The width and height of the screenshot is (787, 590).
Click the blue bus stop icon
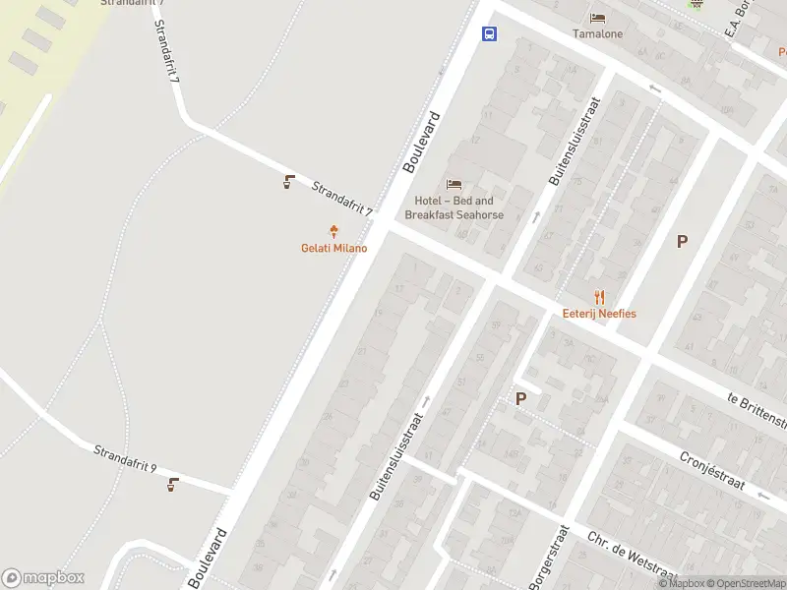pyautogui.click(x=489, y=33)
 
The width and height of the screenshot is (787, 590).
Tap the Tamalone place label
pyautogui.click(x=597, y=32)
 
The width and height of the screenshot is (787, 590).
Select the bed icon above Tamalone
pyautogui.click(x=597, y=17)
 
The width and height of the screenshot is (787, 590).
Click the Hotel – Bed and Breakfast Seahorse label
pyautogui.click(x=454, y=207)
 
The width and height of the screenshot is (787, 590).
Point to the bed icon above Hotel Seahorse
pyautogui.click(x=454, y=184)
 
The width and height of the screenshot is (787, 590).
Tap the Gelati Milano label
pyautogui.click(x=333, y=248)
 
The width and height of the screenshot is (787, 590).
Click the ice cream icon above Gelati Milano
pyautogui.click(x=333, y=232)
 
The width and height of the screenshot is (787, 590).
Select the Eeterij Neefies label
pyautogui.click(x=599, y=314)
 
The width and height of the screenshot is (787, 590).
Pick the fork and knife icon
pyautogui.click(x=599, y=297)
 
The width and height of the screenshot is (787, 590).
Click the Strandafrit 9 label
pyautogui.click(x=125, y=457)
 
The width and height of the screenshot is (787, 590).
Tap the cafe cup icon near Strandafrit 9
pyautogui.click(x=173, y=483)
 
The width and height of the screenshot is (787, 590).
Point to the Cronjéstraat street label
pyautogui.click(x=714, y=473)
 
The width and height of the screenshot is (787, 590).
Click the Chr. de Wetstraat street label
pyautogui.click(x=632, y=554)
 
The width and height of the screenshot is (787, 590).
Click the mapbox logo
pyautogui.click(x=43, y=578)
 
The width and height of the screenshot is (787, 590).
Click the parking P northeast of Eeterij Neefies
pyautogui.click(x=682, y=241)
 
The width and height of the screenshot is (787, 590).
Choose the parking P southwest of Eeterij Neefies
pyautogui.click(x=520, y=398)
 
